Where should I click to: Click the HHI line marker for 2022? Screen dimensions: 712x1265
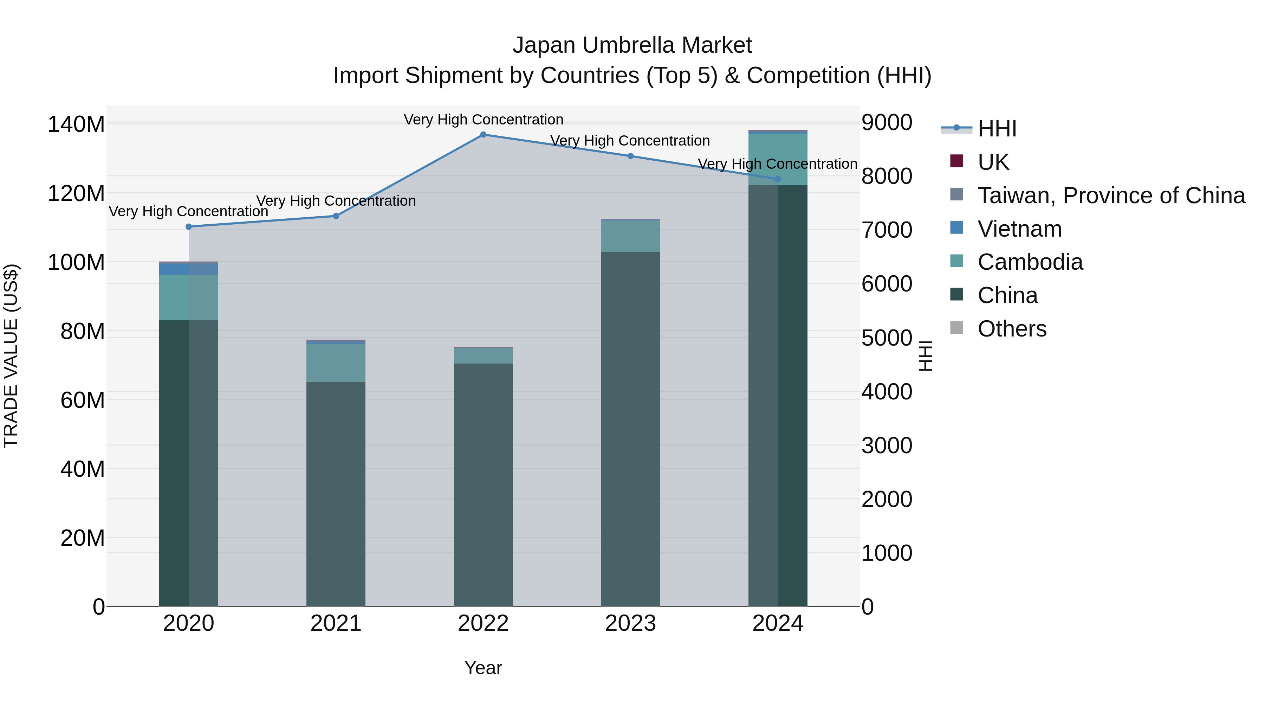(483, 134)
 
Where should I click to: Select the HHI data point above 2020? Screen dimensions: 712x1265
(189, 226)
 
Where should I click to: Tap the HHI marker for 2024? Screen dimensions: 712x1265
(777, 179)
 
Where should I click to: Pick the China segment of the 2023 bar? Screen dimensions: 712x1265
(630, 428)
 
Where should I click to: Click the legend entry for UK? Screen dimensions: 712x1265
(993, 162)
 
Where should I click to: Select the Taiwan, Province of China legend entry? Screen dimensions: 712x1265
(1111, 195)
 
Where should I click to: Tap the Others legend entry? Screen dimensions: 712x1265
(1012, 329)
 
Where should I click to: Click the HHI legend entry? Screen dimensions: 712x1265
(997, 129)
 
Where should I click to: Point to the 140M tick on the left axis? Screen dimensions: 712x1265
(76, 124)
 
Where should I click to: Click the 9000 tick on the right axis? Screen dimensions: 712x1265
(887, 122)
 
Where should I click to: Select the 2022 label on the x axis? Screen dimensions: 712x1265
(483, 623)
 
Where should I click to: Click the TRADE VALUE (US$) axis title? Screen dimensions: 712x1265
(11, 356)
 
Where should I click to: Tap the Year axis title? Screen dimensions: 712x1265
(483, 668)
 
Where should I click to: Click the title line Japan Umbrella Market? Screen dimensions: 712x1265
(632, 45)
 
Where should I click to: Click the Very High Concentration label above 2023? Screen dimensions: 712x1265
(630, 141)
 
